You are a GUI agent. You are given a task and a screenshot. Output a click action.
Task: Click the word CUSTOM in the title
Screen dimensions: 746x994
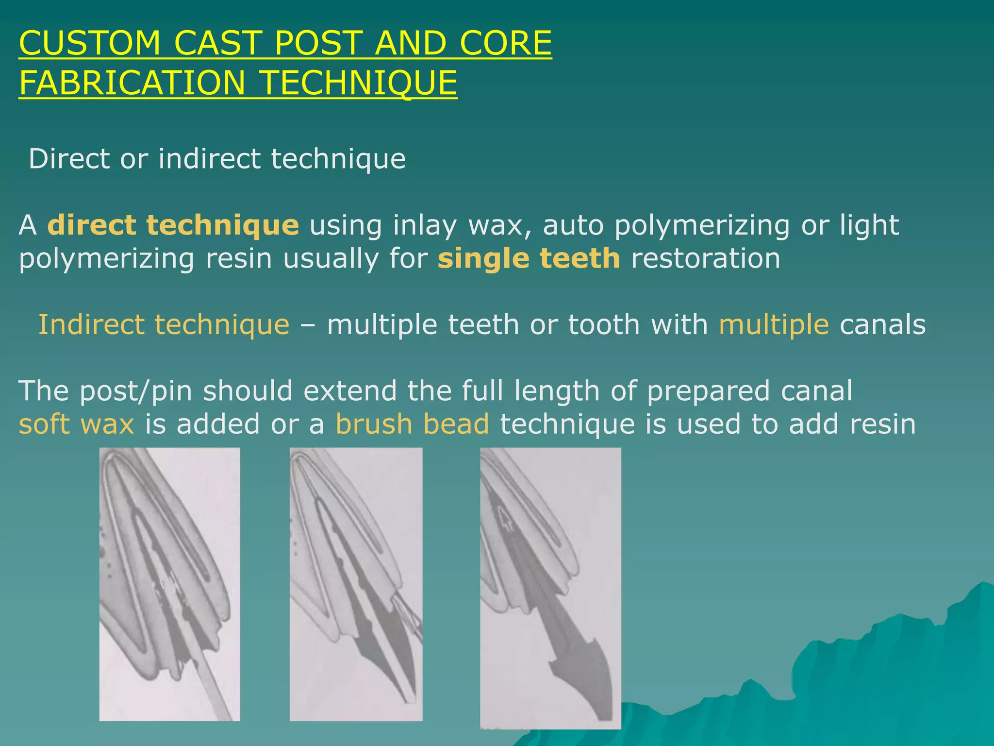pos(90,43)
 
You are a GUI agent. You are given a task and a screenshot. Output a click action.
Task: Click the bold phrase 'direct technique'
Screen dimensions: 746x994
pos(173,225)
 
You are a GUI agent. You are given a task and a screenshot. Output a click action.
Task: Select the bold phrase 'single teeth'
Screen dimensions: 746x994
pos(529,258)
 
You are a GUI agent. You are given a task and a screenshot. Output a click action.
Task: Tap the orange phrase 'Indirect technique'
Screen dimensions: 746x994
pos(164,324)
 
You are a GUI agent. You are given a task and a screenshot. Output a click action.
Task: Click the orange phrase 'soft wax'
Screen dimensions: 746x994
pos(76,424)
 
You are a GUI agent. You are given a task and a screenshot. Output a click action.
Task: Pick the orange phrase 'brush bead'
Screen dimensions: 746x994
pos(412,424)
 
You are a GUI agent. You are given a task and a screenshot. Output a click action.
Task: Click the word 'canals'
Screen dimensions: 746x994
pos(882,324)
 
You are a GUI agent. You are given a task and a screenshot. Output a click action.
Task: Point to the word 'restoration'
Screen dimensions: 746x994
pos(705,258)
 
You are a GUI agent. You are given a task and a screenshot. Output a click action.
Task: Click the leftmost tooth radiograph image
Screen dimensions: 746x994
pos(169,584)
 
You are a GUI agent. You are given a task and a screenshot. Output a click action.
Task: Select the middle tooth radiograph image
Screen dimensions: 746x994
pos(356,584)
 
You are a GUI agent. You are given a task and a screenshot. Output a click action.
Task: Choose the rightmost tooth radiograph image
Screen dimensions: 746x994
pos(550,588)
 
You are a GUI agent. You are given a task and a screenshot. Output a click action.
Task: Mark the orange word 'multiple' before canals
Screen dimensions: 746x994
pos(774,324)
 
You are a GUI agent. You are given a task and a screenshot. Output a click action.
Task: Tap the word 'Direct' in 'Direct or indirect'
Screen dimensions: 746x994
pos(69,159)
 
